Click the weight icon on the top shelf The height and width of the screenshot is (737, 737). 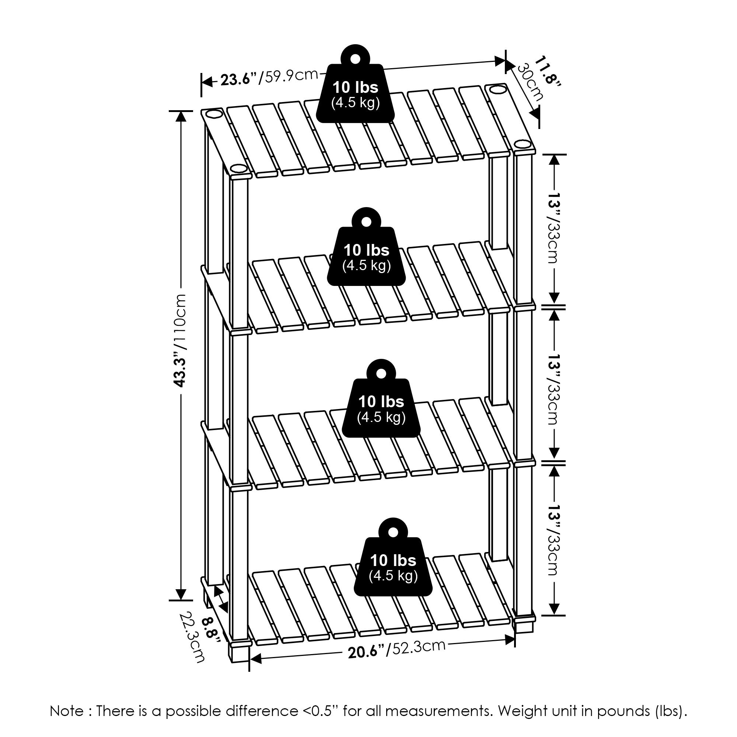356,85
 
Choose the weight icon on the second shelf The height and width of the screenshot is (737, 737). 366,248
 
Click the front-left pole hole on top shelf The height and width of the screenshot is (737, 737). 238,168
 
